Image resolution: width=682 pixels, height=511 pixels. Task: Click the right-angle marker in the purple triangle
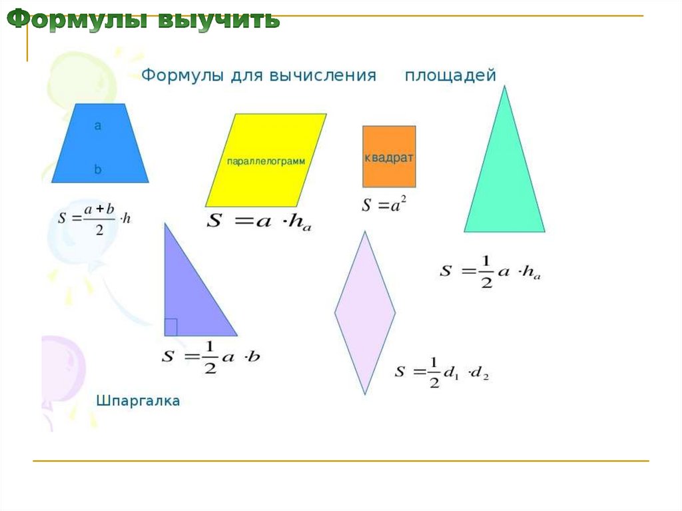pyautogui.click(x=170, y=327)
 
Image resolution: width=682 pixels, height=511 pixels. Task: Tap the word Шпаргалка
pyautogui.click(x=139, y=401)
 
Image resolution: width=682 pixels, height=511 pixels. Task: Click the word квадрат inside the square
pyautogui.click(x=389, y=158)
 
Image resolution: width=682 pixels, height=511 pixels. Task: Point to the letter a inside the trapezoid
pyautogui.click(x=98, y=125)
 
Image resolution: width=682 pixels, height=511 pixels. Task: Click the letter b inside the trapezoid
pyautogui.click(x=98, y=170)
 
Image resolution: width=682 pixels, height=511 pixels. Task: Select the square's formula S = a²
pyautogui.click(x=384, y=205)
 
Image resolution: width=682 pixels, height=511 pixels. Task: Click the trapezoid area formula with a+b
pyautogui.click(x=95, y=218)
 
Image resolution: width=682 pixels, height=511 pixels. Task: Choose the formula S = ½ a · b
pyautogui.click(x=210, y=356)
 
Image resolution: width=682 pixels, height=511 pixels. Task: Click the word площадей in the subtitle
pyautogui.click(x=450, y=75)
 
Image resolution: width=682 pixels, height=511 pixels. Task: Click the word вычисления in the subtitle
pyautogui.click(x=323, y=75)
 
